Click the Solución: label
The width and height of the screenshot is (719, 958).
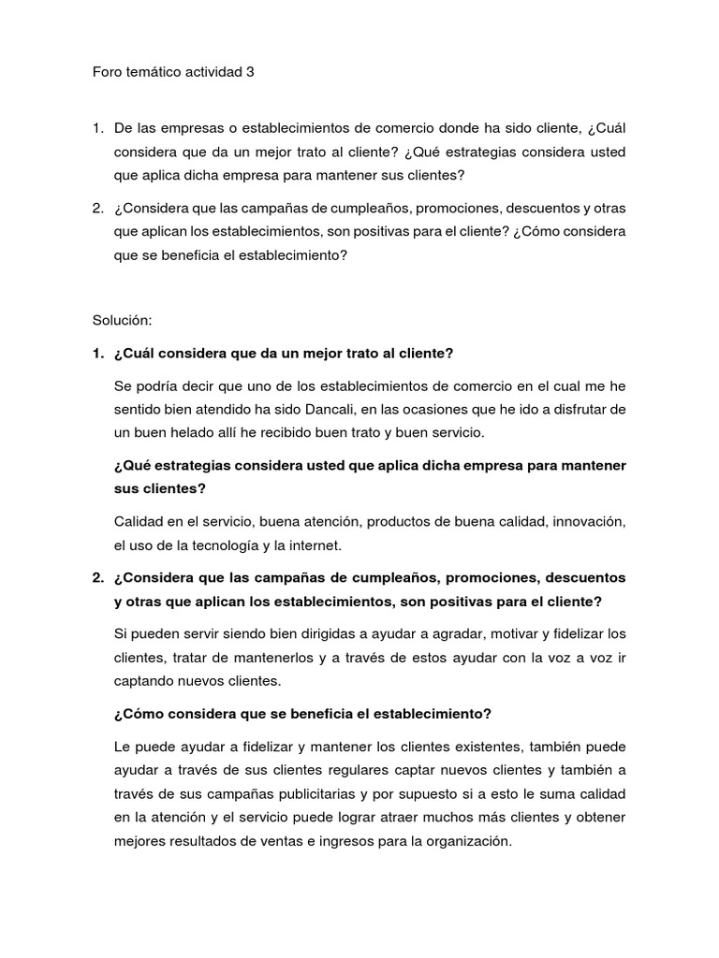click(121, 320)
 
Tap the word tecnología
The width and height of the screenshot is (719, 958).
click(234, 545)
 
